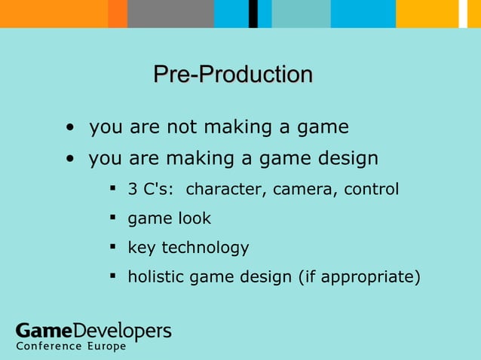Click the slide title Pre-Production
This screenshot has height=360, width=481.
coord(233,75)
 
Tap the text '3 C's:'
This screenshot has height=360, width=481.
coord(151,189)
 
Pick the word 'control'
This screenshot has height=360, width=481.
coord(371,189)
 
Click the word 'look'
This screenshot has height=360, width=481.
coord(194,218)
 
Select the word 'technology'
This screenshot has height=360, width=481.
coord(205,248)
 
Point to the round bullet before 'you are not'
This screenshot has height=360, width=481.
coord(69,128)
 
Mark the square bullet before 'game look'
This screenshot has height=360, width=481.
coord(112,218)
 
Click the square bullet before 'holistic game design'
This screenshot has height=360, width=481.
coord(112,277)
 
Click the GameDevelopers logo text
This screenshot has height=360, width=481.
coord(93,331)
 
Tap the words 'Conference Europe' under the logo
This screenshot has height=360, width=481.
coord(71,347)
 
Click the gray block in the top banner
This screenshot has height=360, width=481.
coord(170,14)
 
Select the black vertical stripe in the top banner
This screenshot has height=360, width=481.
coord(254,14)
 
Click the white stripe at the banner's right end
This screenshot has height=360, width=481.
coord(464,14)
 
